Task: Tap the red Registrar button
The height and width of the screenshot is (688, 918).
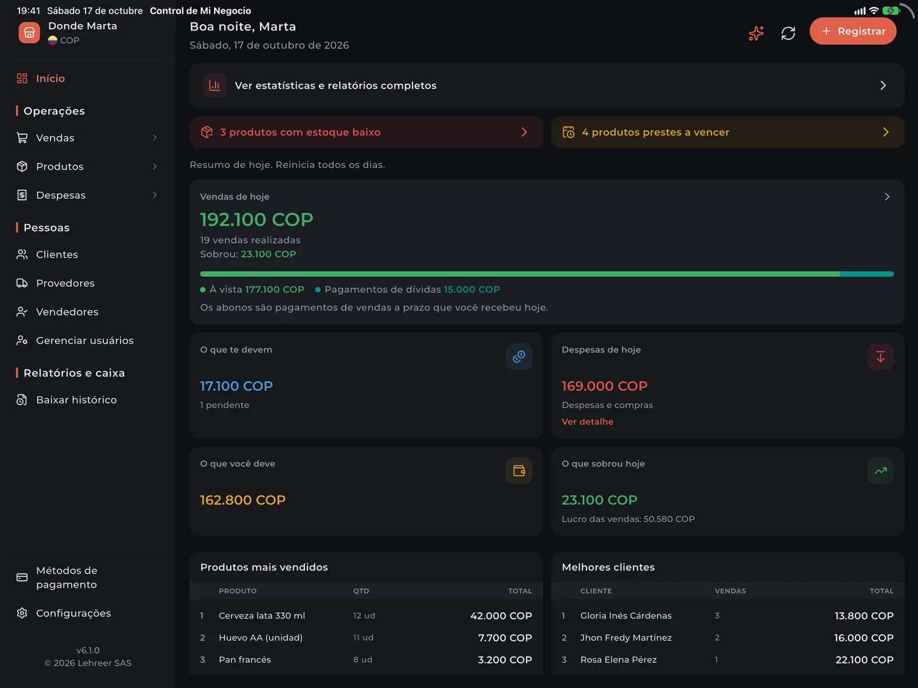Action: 853,32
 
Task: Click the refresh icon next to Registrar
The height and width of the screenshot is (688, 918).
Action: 788,33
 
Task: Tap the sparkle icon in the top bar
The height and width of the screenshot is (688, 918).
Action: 756,33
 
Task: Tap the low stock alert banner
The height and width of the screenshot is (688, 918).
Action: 366,132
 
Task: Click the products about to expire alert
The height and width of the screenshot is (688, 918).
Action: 728,132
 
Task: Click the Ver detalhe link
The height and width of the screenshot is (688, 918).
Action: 587,421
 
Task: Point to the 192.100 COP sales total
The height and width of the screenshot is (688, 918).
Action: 256,220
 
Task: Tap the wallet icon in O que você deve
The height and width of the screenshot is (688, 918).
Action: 519,471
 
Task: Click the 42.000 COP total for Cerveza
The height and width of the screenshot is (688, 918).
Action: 501,615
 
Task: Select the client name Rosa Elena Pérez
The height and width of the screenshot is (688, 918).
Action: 618,659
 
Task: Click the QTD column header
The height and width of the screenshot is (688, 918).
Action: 361,591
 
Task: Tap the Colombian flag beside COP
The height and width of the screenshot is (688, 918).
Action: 52,41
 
